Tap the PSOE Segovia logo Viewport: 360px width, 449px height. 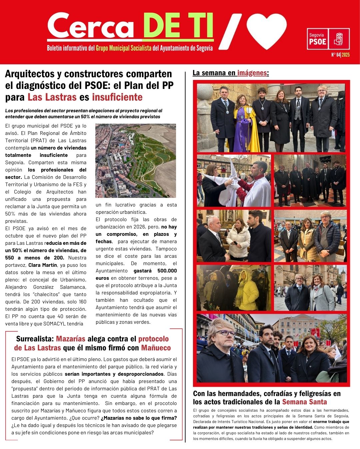(x=328, y=39)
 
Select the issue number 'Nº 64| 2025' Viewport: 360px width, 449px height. (x=340, y=55)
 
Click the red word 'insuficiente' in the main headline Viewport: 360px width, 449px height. (x=117, y=97)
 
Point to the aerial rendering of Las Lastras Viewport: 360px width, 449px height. (x=136, y=161)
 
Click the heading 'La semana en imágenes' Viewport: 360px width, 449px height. (x=231, y=73)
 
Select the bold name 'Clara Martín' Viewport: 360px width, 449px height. (x=43, y=265)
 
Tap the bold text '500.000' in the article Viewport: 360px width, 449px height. (x=167, y=271)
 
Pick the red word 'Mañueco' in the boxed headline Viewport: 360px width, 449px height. (x=156, y=348)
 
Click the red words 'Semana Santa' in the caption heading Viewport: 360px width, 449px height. (x=304, y=402)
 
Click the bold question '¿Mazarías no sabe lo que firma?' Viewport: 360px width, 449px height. (x=139, y=418)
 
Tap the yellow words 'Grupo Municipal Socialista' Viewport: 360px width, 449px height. (x=124, y=48)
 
